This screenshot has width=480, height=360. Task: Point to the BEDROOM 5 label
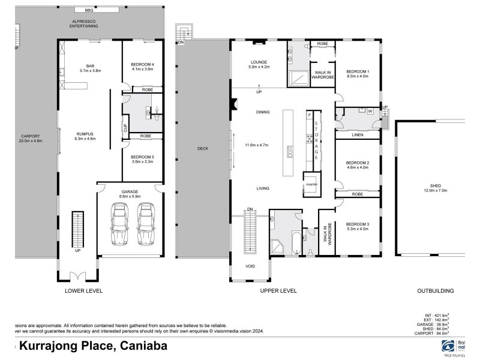(x=142, y=157)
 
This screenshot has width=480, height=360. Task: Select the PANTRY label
(x=311, y=185)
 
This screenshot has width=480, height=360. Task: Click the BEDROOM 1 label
(x=357, y=72)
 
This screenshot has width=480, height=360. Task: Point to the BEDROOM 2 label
(x=357, y=163)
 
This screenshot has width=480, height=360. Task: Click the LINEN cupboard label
(x=357, y=135)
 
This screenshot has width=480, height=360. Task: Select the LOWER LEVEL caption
(x=83, y=290)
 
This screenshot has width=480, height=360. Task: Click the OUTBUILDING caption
(x=435, y=290)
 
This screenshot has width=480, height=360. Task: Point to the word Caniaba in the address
(x=143, y=346)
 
